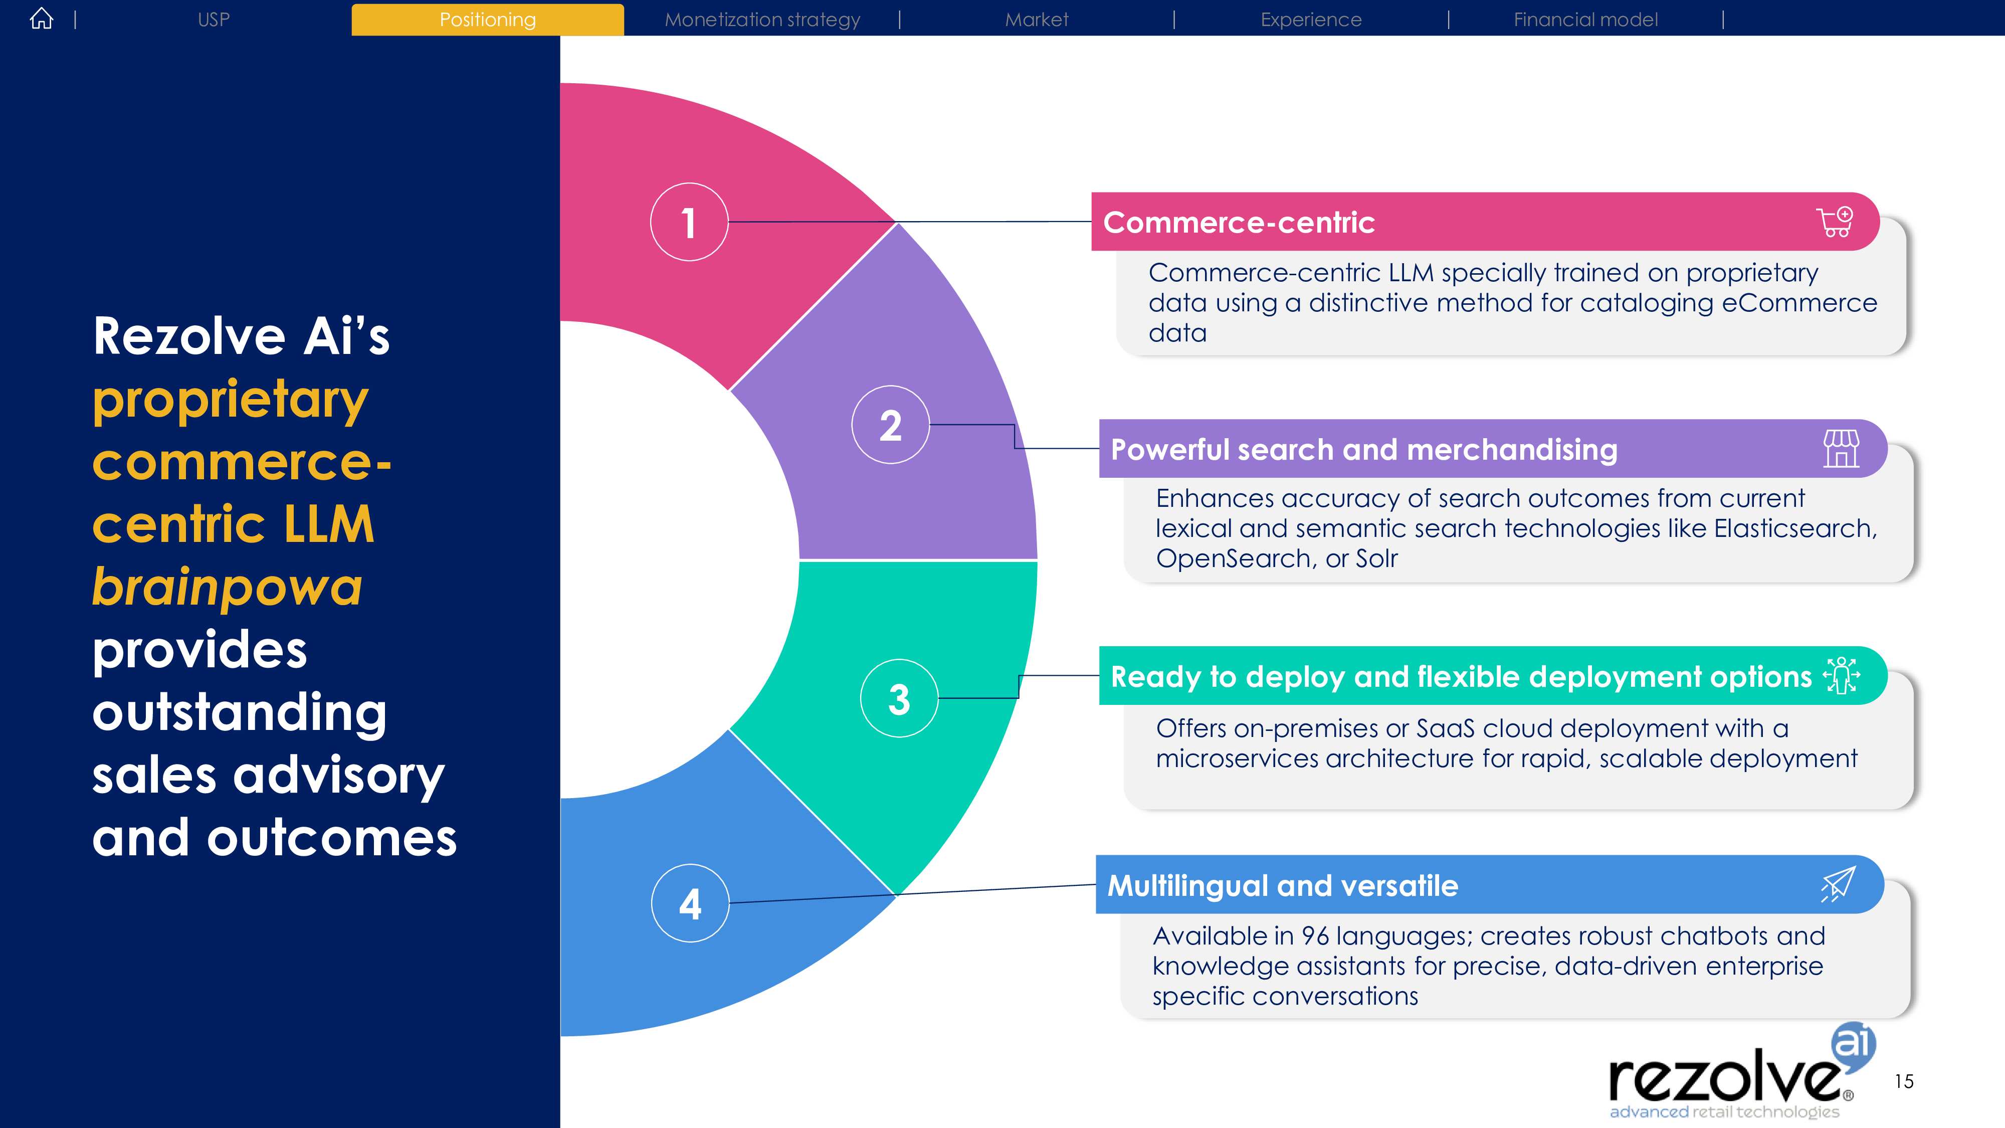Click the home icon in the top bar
(x=41, y=19)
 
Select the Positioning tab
(x=487, y=20)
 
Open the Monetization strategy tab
(x=762, y=20)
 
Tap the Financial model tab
(x=1585, y=20)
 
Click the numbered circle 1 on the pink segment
(x=689, y=222)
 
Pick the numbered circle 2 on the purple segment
(x=890, y=425)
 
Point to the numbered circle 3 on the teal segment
(x=899, y=698)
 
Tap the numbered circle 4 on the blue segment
(x=690, y=903)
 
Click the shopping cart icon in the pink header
(x=1835, y=222)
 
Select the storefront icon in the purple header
(x=1841, y=448)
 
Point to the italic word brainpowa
(x=227, y=587)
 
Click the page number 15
(x=1904, y=1081)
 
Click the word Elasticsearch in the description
(x=1795, y=528)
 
